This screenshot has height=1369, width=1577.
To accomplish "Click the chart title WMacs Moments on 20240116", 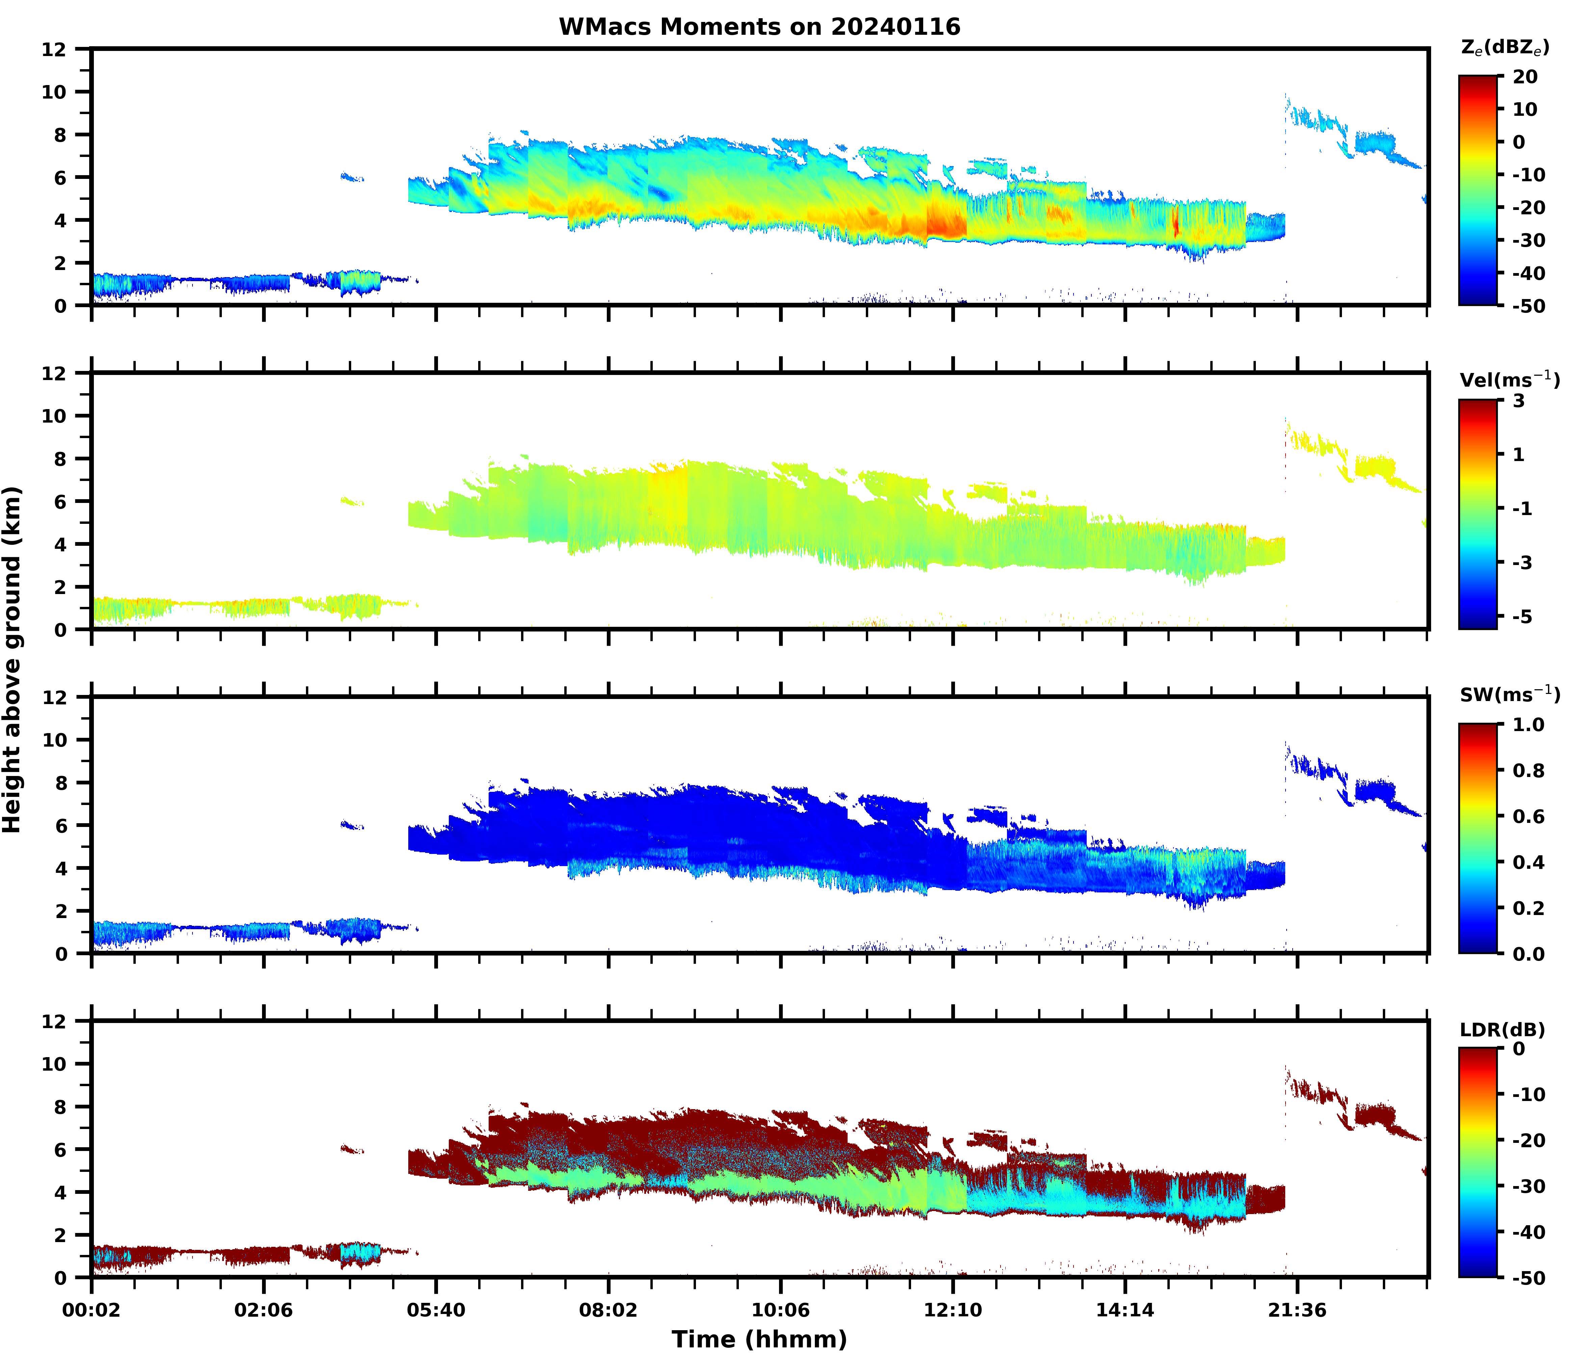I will [x=759, y=27].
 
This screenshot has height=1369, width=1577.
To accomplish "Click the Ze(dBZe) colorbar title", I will [x=1504, y=47].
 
